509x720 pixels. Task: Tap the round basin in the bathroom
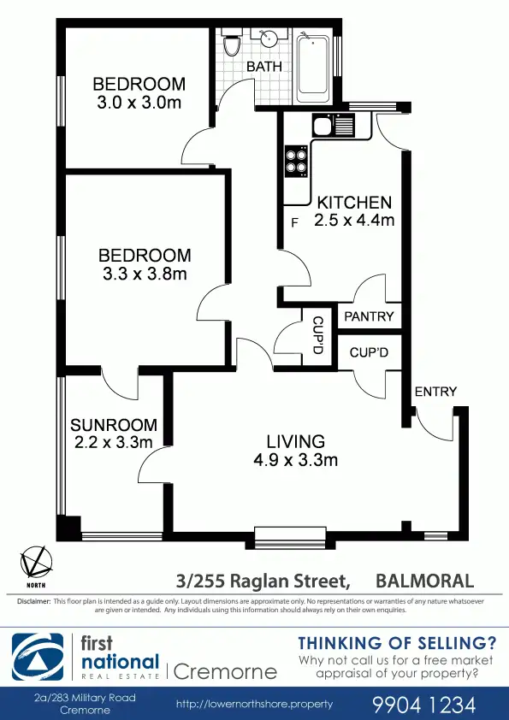pos(269,41)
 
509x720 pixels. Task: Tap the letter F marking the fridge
pos(295,224)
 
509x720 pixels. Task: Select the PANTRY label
pos(369,316)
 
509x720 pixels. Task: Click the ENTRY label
pos(435,392)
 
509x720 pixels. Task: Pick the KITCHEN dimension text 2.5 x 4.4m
pos(354,221)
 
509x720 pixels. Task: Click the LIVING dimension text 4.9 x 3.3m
pos(296,460)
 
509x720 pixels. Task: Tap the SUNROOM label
pos(114,425)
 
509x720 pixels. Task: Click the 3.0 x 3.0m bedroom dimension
pos(139,103)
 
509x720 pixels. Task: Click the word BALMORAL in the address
pos(425,581)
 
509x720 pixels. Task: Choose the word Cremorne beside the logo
pos(224,670)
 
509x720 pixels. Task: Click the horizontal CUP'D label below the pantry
pos(370,353)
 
